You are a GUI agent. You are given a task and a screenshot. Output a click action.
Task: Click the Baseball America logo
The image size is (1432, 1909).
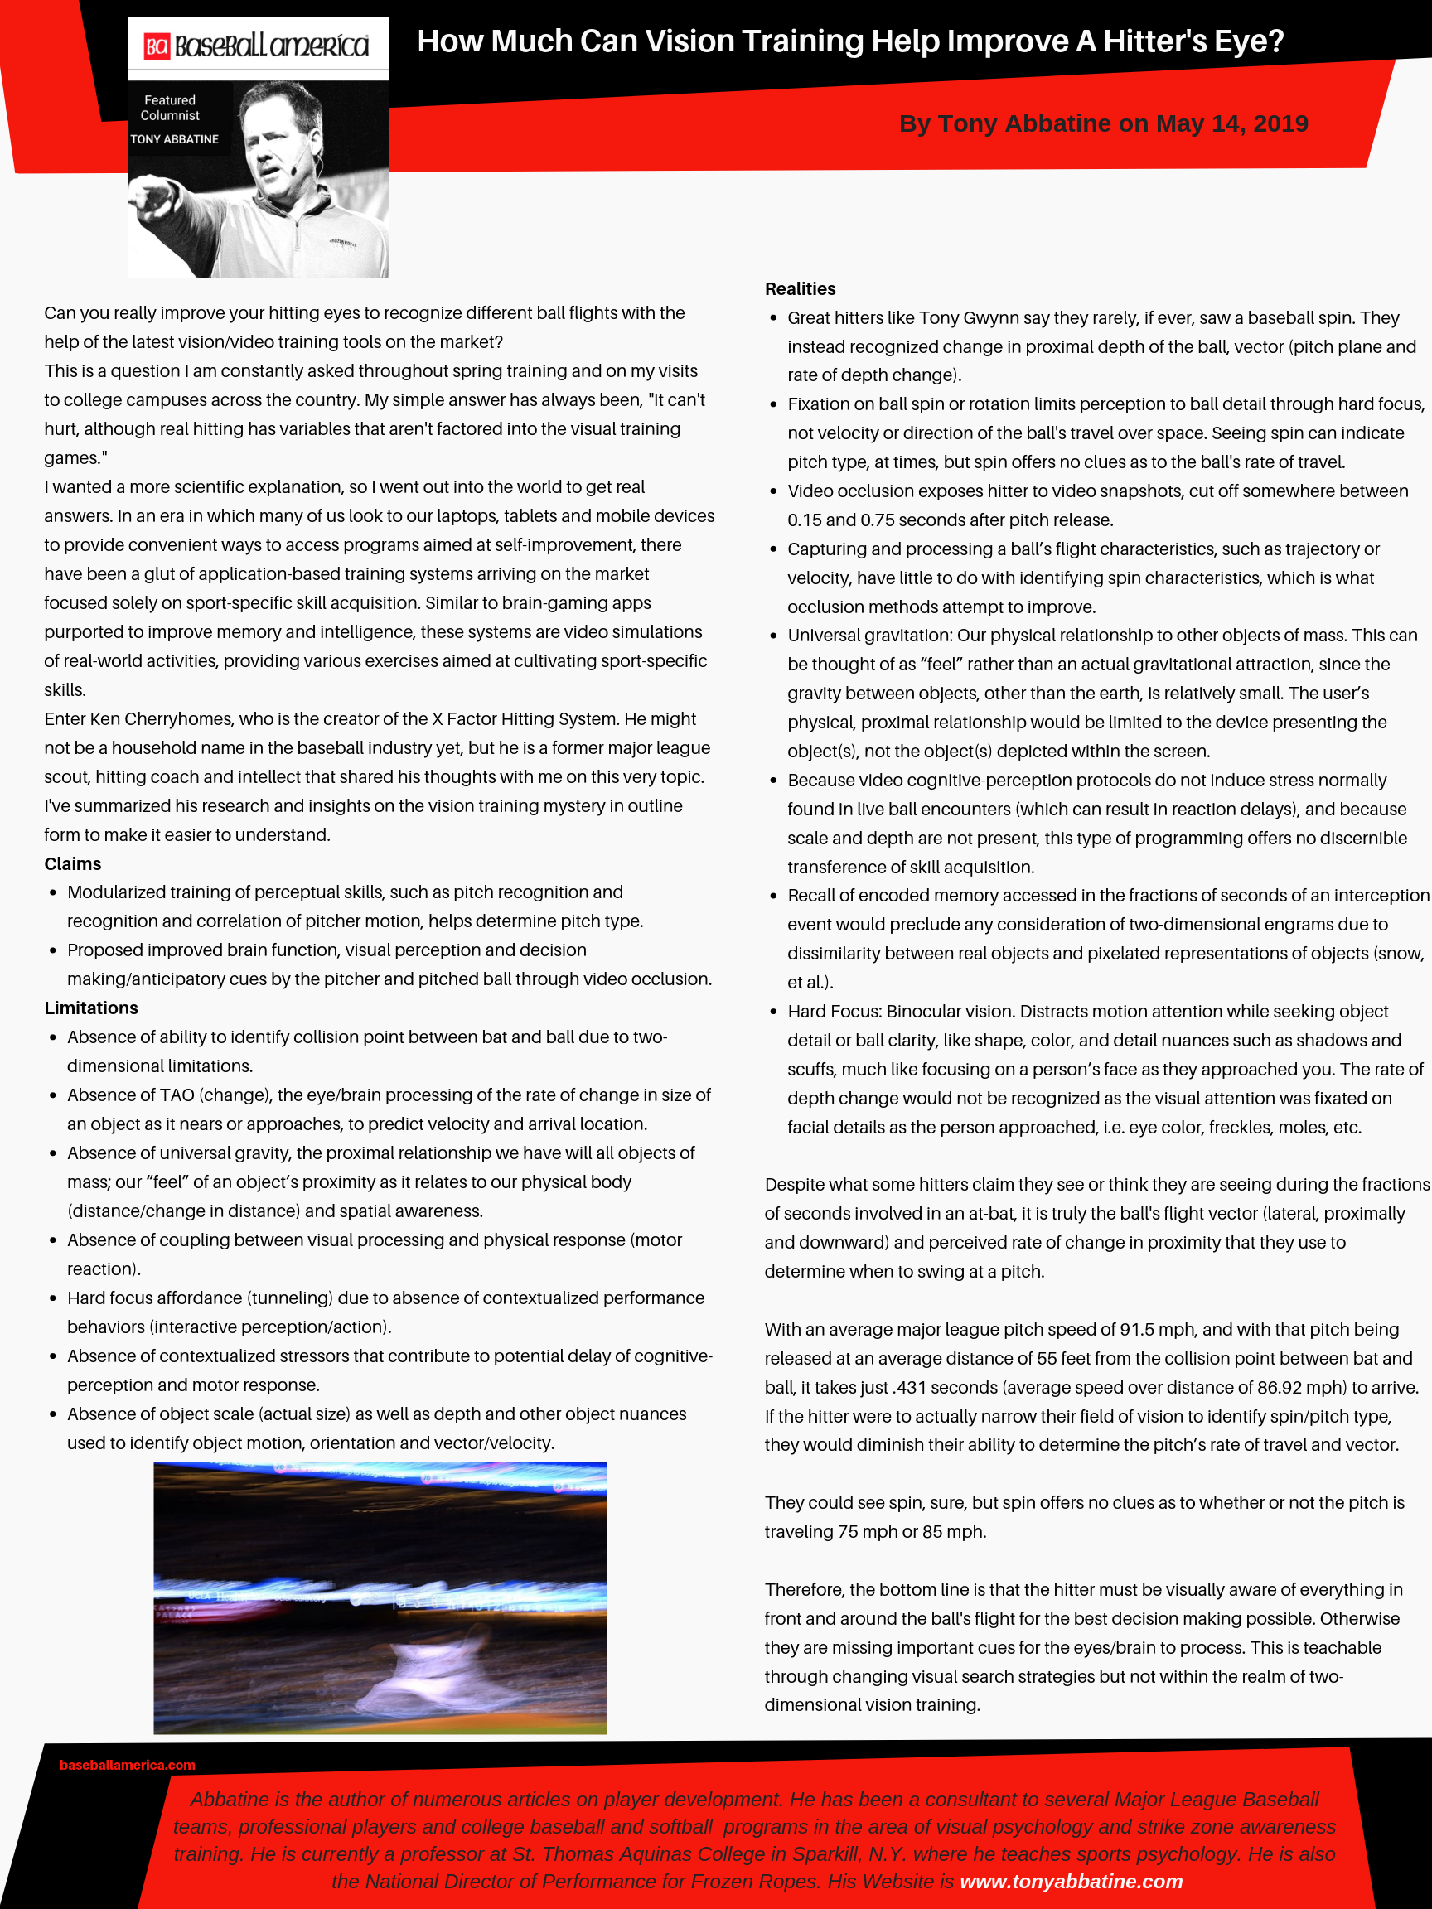pyautogui.click(x=257, y=46)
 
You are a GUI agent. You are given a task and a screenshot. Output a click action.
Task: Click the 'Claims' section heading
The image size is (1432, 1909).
pyautogui.click(x=72, y=864)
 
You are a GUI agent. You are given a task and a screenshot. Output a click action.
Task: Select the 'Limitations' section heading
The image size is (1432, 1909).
pyautogui.click(x=90, y=1008)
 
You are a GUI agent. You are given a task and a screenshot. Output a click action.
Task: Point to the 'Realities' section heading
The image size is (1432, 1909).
pyautogui.click(x=801, y=289)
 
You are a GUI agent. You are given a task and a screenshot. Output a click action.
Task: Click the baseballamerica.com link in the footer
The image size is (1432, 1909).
pyautogui.click(x=127, y=1765)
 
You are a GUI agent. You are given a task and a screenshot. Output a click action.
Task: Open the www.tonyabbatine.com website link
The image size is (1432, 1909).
pyautogui.click(x=1071, y=1882)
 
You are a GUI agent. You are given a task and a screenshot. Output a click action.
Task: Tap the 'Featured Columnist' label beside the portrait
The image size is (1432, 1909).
pyautogui.click(x=170, y=108)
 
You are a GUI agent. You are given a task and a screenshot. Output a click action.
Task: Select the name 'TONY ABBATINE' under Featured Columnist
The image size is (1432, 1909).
pyautogui.click(x=174, y=139)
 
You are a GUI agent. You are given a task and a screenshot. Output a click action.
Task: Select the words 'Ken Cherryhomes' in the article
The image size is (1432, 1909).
pyautogui.click(x=180, y=719)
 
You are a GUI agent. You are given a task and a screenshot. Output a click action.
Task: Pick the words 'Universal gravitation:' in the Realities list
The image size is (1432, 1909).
pyautogui.click(x=869, y=636)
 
